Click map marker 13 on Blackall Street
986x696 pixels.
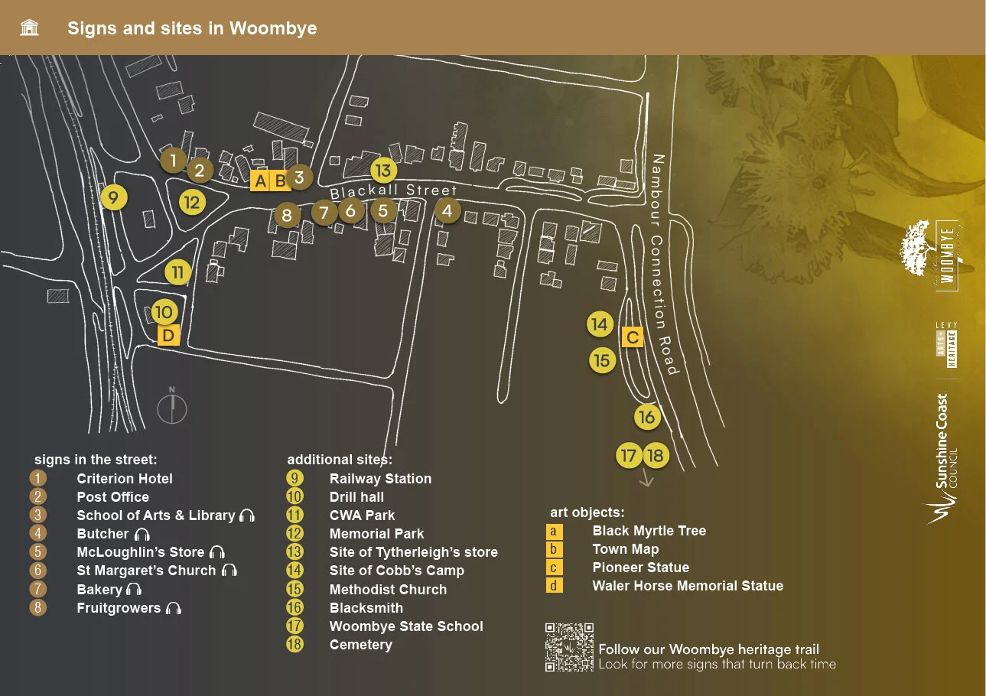click(383, 171)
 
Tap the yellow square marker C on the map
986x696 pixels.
click(633, 337)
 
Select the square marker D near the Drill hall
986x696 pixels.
click(168, 335)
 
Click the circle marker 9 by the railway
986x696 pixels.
click(113, 198)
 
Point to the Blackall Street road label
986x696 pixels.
click(393, 192)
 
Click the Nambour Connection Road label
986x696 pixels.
click(663, 265)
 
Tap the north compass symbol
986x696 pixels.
click(172, 406)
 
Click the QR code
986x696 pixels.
click(569, 647)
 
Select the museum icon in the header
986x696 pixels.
click(30, 28)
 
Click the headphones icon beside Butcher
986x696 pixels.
click(142, 535)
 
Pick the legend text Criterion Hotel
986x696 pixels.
click(125, 479)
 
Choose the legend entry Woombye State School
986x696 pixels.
click(406, 626)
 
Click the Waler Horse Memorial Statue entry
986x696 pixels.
click(688, 586)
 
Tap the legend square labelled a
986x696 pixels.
click(554, 531)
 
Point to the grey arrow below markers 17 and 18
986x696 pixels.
click(646, 479)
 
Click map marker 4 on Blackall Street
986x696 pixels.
click(447, 210)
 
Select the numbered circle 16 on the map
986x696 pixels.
click(647, 417)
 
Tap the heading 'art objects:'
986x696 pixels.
click(587, 512)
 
